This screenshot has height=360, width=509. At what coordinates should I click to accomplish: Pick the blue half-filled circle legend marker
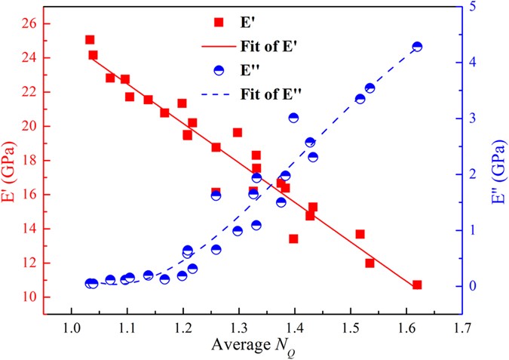(x=219, y=71)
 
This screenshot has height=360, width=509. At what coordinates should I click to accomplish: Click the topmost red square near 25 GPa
(x=90, y=40)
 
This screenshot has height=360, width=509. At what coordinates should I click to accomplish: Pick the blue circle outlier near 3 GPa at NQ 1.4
(x=293, y=118)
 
